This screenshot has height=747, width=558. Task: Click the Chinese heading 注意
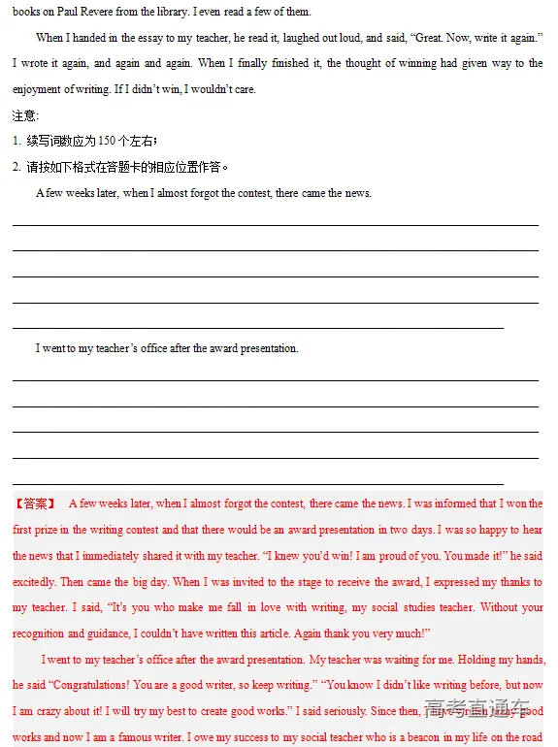point(23,115)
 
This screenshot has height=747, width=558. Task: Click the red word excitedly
point(36,582)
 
